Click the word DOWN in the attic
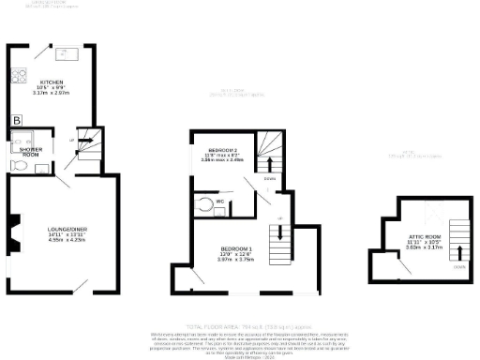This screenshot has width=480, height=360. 458,265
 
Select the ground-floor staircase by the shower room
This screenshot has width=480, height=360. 87,143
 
